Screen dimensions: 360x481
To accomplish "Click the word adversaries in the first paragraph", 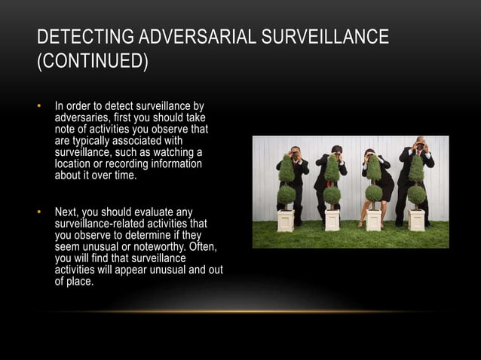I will tap(84, 119).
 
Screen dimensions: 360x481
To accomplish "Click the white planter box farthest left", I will tap(286, 220).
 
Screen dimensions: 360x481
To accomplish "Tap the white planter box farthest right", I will tap(416, 219).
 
